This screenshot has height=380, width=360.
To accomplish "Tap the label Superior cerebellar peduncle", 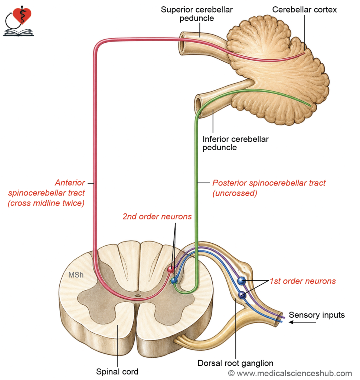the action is tap(197, 14).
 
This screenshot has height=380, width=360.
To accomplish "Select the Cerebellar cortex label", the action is tap(304, 10).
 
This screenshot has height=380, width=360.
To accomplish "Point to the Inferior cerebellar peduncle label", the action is tap(235, 143).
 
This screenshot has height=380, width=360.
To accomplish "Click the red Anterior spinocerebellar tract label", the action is tap(46, 193).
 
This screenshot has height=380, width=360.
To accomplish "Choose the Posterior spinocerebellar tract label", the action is tap(269, 188).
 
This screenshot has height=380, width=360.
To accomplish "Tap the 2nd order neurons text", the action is tap(157, 216).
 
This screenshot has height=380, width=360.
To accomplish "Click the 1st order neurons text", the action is tap(303, 281).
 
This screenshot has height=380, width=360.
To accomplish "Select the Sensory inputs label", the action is tap(317, 315).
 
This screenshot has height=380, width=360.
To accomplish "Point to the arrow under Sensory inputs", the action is tap(302, 322).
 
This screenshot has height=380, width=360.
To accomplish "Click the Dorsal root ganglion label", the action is tap(235, 363).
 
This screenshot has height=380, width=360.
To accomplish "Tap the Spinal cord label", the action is tap(117, 371).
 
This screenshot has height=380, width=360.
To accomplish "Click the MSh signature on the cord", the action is tap(76, 275).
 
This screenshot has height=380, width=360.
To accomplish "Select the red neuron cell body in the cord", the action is tap(171, 269).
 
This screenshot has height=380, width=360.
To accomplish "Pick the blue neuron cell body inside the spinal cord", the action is tap(174, 281).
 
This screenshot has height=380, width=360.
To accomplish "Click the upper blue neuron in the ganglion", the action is tap(241, 281).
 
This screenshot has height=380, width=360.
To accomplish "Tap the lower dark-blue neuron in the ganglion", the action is tap(242, 295).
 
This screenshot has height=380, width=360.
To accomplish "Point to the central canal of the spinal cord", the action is tap(138, 295).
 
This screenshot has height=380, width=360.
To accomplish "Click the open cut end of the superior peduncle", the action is tap(183, 44).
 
